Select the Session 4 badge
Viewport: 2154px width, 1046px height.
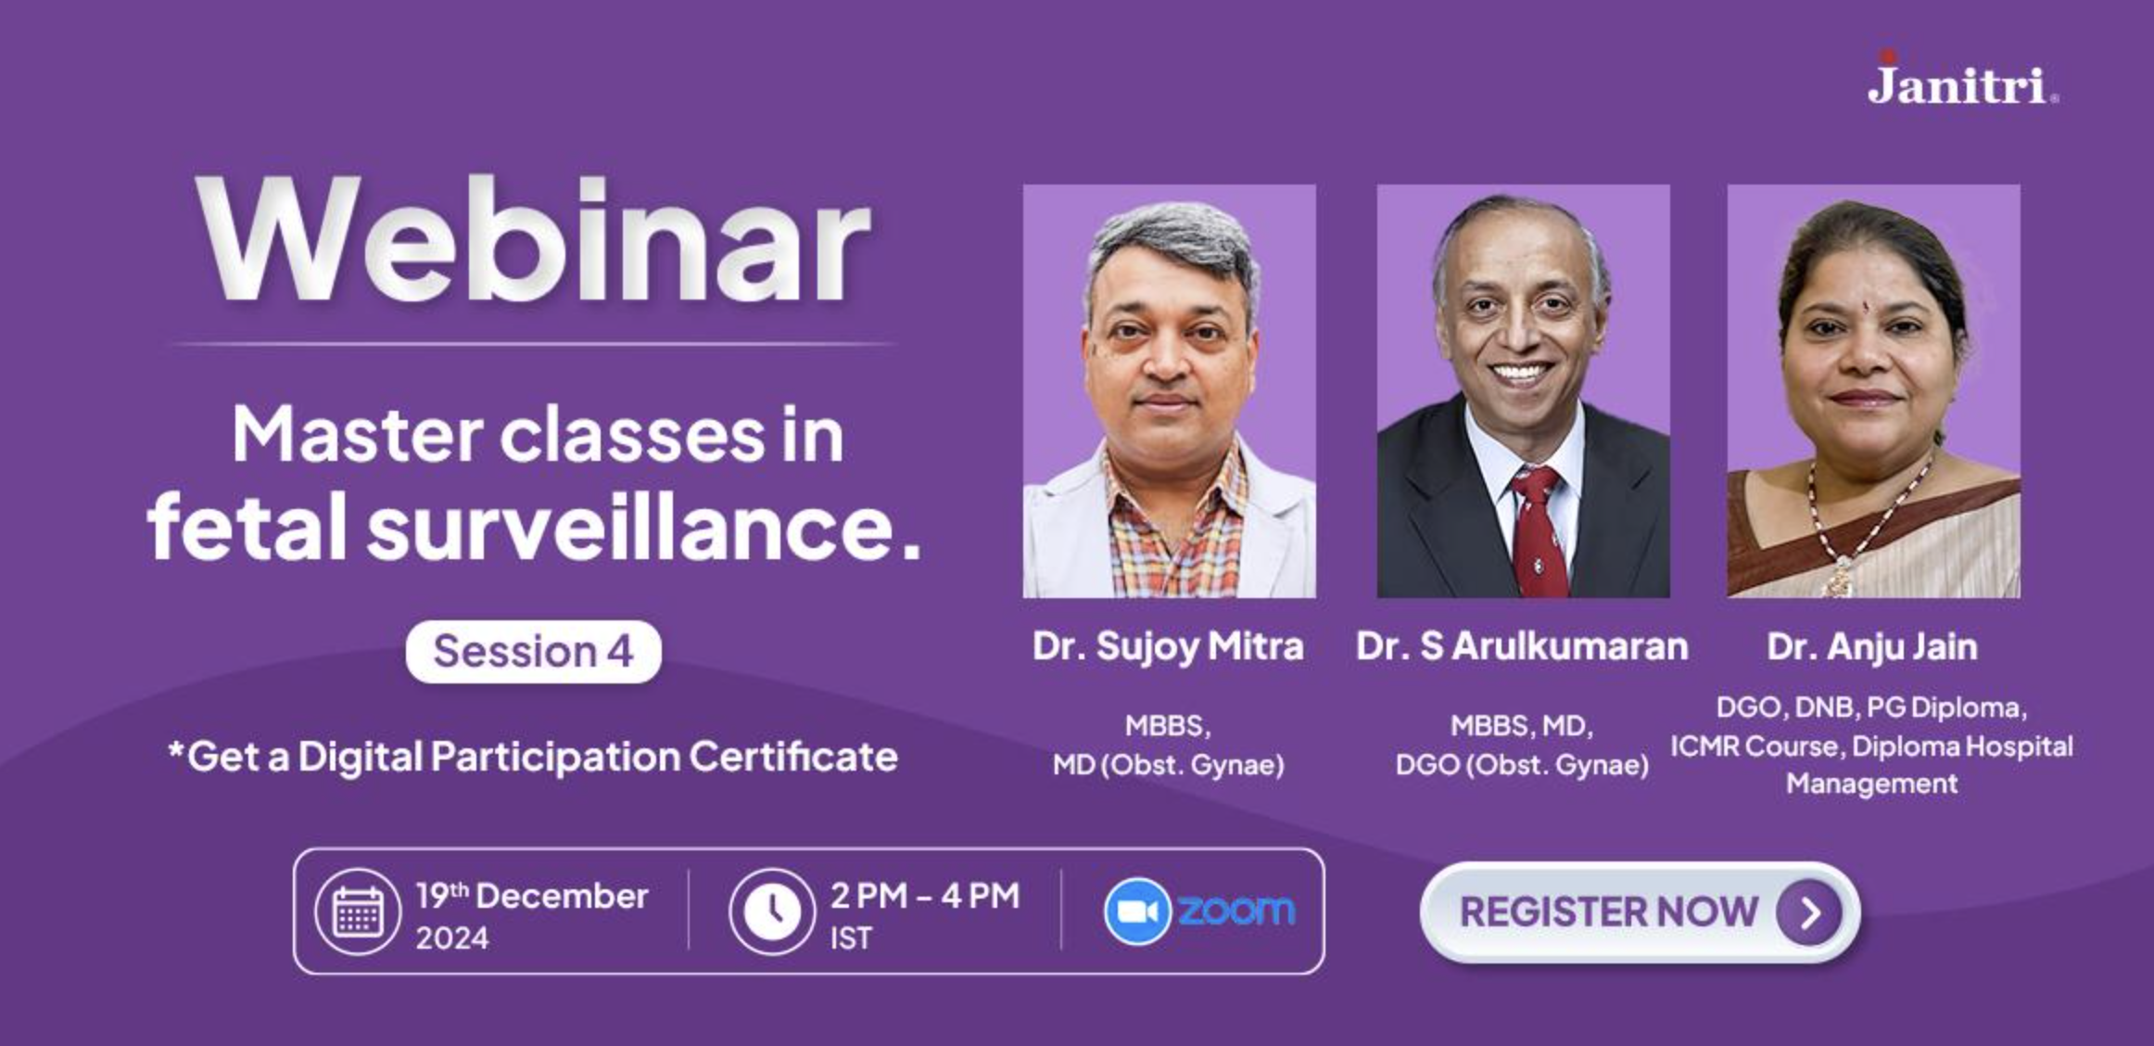click(534, 652)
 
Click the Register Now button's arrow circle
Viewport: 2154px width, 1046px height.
click(1809, 913)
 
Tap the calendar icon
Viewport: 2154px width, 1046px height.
click(358, 912)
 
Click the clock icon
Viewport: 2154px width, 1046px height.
click(771, 912)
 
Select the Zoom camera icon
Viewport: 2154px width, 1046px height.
click(1137, 912)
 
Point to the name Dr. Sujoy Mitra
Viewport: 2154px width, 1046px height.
click(1168, 646)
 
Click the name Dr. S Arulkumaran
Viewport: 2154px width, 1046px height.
click(1522, 646)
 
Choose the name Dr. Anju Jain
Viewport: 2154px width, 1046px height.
click(1872, 646)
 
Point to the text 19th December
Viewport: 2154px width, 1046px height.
click(531, 896)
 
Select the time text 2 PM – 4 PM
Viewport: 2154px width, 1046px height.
click(925, 896)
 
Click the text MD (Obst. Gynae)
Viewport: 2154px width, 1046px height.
click(1168, 765)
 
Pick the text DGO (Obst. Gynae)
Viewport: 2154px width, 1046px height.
click(1522, 765)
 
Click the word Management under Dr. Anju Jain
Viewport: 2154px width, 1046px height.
click(1872, 784)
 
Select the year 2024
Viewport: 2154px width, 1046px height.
click(451, 938)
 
